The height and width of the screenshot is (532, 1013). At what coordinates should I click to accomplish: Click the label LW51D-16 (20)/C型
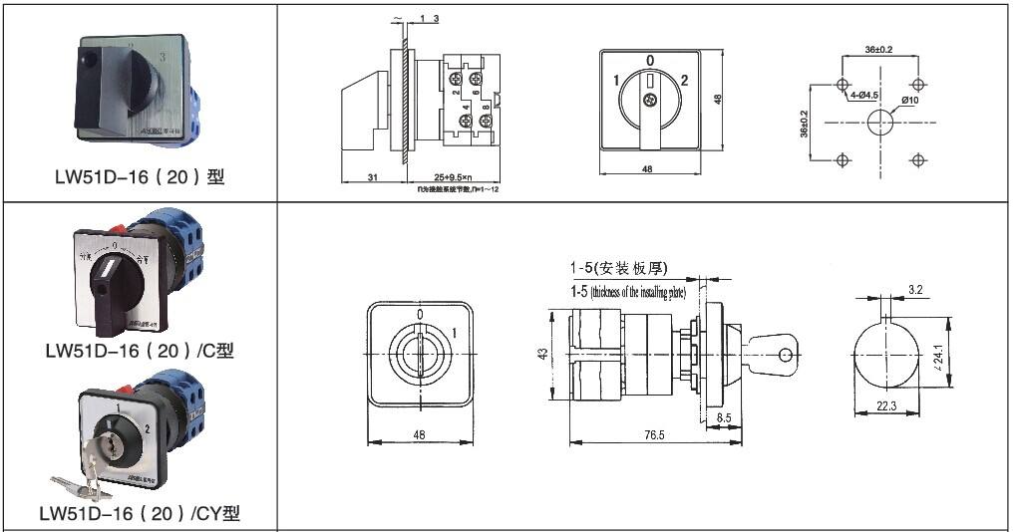pyautogui.click(x=140, y=351)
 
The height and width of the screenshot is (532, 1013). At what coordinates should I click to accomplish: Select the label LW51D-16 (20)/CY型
pyautogui.click(x=140, y=514)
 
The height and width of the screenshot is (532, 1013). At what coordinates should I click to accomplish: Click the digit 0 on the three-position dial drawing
pyautogui.click(x=649, y=60)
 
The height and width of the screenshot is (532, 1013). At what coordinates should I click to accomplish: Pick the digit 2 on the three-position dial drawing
pyautogui.click(x=685, y=80)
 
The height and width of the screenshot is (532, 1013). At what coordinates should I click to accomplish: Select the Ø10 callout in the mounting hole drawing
pyautogui.click(x=909, y=100)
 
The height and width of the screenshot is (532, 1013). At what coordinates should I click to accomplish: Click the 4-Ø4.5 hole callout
pyautogui.click(x=863, y=96)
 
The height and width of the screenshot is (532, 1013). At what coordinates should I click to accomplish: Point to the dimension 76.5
pyautogui.click(x=654, y=435)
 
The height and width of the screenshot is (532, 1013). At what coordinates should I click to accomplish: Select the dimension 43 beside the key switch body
pyautogui.click(x=542, y=355)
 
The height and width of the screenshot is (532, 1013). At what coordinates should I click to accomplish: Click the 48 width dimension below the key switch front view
pyautogui.click(x=419, y=435)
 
